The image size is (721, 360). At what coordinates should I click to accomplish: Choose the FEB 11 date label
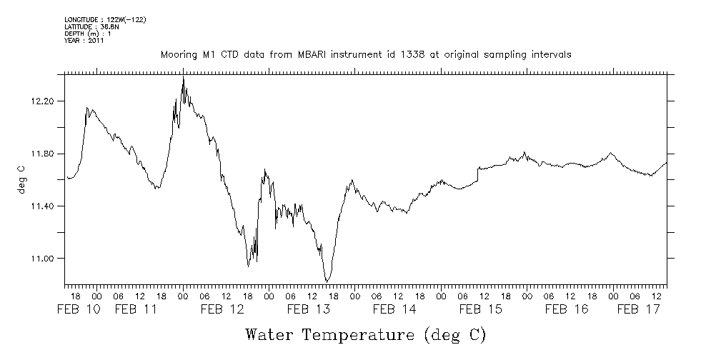pyautogui.click(x=135, y=309)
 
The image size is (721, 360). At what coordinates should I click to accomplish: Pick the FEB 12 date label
pyautogui.click(x=222, y=309)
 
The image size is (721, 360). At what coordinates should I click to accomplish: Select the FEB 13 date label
pyautogui.click(x=308, y=309)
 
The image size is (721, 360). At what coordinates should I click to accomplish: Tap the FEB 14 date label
pyautogui.click(x=394, y=309)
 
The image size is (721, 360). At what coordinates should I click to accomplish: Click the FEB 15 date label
pyautogui.click(x=480, y=309)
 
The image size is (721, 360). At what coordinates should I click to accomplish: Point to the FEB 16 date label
pyautogui.click(x=566, y=309)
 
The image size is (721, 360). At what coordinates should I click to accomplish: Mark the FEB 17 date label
pyautogui.click(x=637, y=309)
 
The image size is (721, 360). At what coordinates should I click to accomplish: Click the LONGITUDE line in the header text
pyautogui.click(x=105, y=19)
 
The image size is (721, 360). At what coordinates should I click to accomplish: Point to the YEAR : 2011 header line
pyautogui.click(x=85, y=41)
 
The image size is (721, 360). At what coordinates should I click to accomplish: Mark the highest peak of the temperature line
pyautogui.click(x=184, y=76)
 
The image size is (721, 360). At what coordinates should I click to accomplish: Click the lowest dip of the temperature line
pyautogui.click(x=327, y=281)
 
